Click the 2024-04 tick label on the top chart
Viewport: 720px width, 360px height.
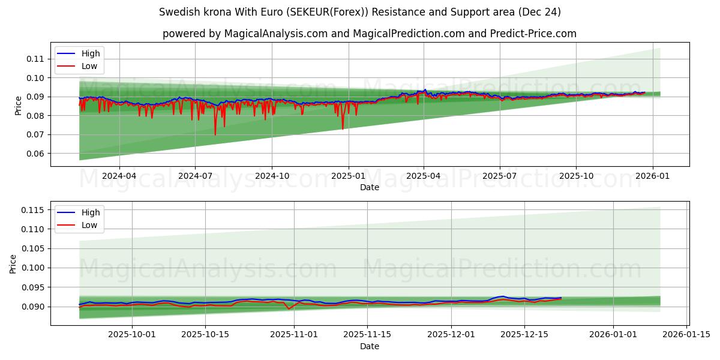click(x=119, y=176)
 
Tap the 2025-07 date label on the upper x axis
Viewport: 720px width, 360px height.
click(x=500, y=176)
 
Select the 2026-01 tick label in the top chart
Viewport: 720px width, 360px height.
click(x=652, y=176)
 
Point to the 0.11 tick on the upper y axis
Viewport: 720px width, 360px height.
click(x=35, y=59)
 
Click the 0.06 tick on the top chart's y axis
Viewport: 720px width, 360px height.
click(x=35, y=154)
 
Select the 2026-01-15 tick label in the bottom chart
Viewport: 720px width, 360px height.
click(x=685, y=335)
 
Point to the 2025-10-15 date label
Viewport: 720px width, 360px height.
click(x=205, y=335)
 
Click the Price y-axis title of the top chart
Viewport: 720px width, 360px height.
click(x=18, y=106)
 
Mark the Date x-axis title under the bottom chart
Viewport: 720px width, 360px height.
click(x=370, y=346)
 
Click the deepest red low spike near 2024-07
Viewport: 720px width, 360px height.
click(x=215, y=134)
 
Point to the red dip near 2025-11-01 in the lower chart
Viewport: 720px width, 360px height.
click(x=289, y=309)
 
